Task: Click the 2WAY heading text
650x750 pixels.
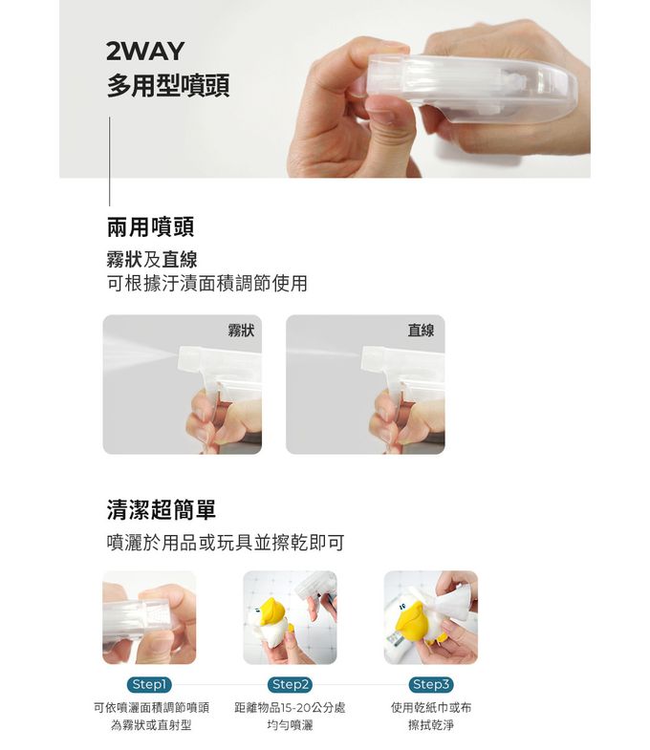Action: point(145,52)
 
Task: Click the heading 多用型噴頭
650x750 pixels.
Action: point(168,86)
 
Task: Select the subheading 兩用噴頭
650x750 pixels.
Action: point(150,226)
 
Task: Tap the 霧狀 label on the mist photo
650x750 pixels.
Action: point(241,330)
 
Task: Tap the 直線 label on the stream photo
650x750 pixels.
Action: point(421,330)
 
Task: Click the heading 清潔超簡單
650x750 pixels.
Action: point(162,509)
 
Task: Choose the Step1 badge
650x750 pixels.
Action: point(149,684)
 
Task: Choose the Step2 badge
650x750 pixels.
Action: point(290,684)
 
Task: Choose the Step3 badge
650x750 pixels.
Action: point(431,684)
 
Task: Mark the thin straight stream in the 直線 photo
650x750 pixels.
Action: point(323,353)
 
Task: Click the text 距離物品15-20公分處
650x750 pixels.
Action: point(290,707)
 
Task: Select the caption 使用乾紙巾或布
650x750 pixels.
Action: point(431,707)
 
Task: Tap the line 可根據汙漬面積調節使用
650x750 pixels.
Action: point(206,283)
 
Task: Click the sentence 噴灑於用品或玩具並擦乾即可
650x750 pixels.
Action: point(226,543)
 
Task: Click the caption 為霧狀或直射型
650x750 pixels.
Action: point(151,725)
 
